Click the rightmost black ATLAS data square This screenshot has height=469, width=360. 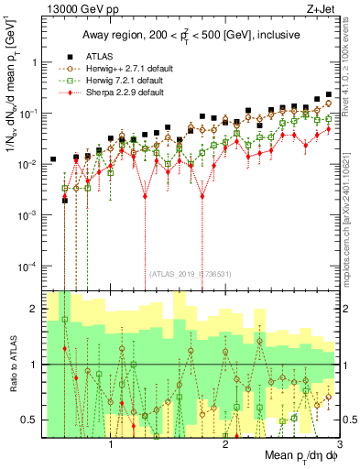click(x=329, y=94)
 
